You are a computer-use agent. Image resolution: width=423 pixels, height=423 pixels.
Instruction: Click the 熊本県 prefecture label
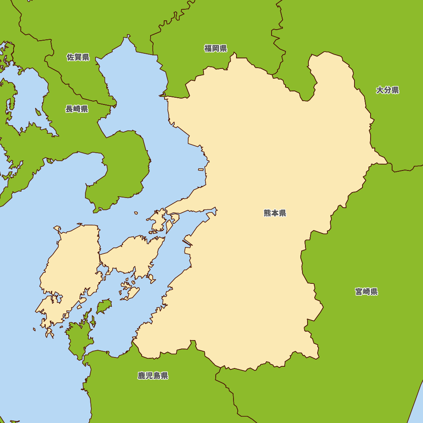click(x=275, y=213)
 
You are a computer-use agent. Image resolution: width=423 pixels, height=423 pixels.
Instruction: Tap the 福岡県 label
click(x=216, y=48)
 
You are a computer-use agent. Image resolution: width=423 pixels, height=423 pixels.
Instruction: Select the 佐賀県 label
click(x=78, y=57)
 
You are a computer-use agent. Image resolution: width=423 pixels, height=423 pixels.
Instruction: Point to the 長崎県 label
click(x=77, y=109)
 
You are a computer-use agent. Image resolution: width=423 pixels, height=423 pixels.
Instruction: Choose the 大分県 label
click(x=387, y=90)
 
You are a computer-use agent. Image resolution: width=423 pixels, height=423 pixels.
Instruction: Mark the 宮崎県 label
click(x=366, y=291)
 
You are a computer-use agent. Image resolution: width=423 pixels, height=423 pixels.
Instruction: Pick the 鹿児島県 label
click(x=153, y=376)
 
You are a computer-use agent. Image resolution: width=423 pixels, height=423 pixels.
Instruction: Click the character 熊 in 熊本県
click(x=267, y=213)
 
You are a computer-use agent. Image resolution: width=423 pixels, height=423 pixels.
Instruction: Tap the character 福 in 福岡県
click(x=208, y=48)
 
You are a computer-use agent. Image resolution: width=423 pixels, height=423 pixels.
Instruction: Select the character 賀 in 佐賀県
click(x=78, y=57)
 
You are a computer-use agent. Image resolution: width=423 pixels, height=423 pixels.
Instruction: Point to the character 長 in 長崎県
click(x=69, y=109)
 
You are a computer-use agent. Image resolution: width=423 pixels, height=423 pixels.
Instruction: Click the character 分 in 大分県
click(x=387, y=90)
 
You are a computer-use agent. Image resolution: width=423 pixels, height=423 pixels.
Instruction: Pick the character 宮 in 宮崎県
click(x=359, y=291)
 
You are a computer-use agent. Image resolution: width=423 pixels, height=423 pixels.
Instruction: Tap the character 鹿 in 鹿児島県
click(x=141, y=376)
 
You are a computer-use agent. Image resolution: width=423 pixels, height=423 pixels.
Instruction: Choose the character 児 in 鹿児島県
click(x=149, y=376)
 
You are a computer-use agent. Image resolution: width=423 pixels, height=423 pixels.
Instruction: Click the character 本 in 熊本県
click(x=275, y=213)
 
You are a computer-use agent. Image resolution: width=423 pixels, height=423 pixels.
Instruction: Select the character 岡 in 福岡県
click(x=216, y=48)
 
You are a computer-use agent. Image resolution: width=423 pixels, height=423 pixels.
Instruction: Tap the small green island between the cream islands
click(x=104, y=305)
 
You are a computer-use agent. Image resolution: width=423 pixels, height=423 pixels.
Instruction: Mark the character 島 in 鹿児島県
click(x=157, y=376)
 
